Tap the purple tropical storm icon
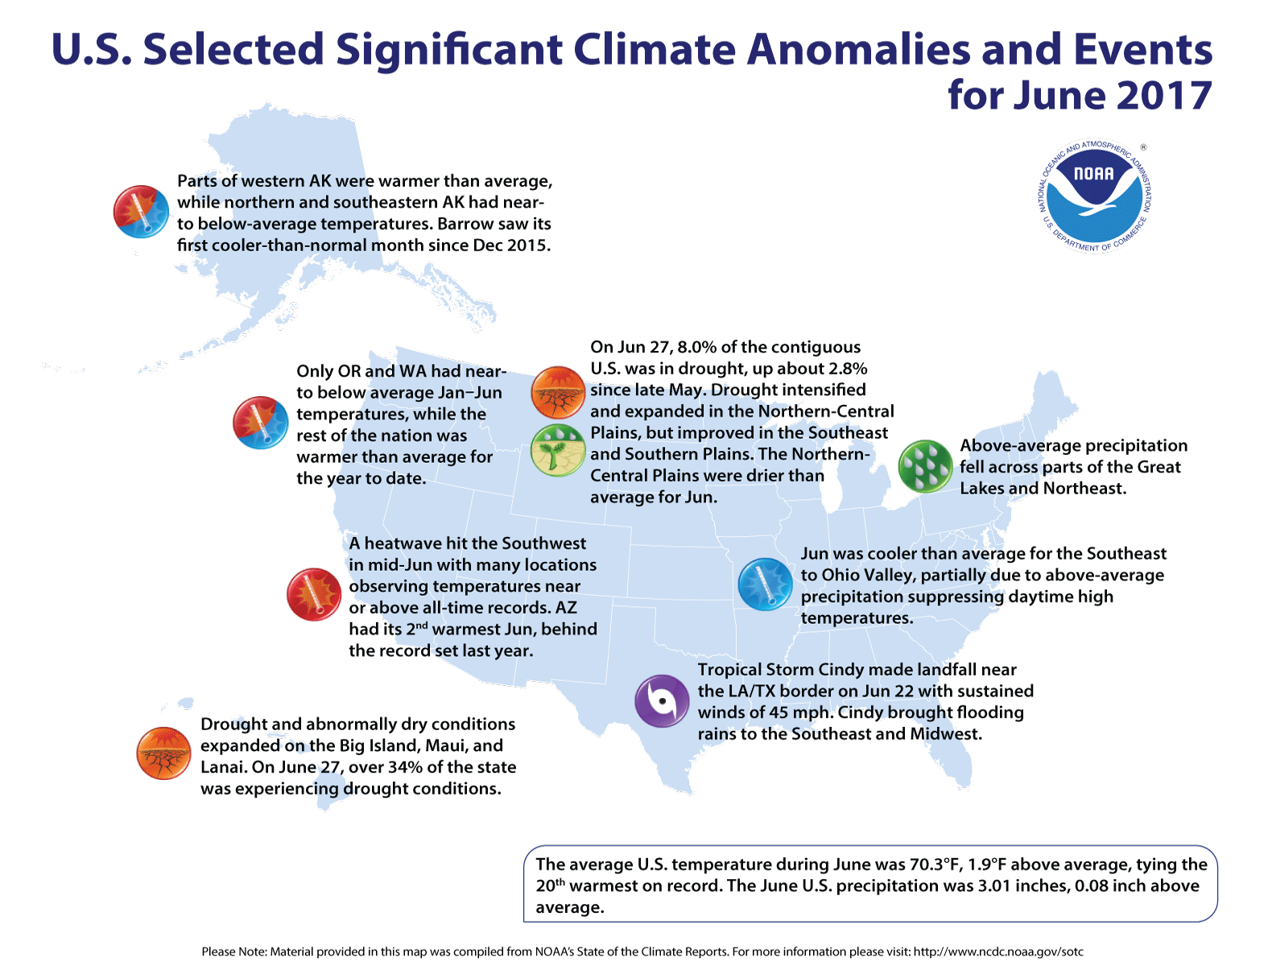coord(662,701)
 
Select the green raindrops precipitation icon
coord(925,466)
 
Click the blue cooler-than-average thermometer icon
coord(765,584)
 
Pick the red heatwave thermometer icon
coord(314,594)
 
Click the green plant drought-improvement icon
coord(558,450)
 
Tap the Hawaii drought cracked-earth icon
coord(163,753)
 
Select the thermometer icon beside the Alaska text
coord(140,212)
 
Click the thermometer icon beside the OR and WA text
coord(260,423)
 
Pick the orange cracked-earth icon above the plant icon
coord(558,392)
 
